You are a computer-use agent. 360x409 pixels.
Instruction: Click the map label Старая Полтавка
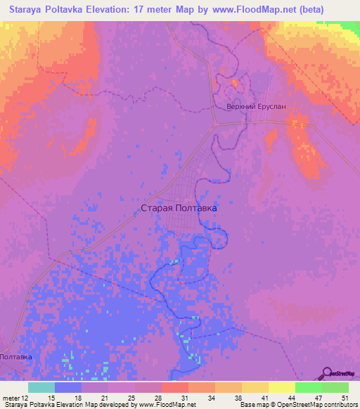pos(179,208)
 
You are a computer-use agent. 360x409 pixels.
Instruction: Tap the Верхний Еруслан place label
pos(257,107)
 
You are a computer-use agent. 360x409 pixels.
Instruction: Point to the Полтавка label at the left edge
pos(15,358)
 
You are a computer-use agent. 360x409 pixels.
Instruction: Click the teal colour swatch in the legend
pos(41,388)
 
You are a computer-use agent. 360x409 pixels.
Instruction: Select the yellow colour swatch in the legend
pos(281,388)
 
